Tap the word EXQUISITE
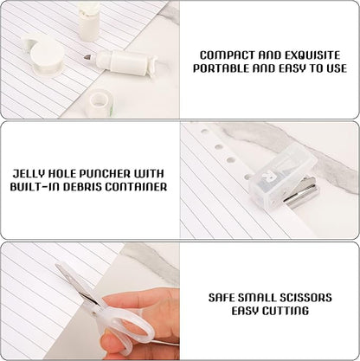click(x=312, y=55)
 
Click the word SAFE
click(x=222, y=298)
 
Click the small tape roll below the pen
click(x=100, y=102)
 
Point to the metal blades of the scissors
click(x=77, y=286)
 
